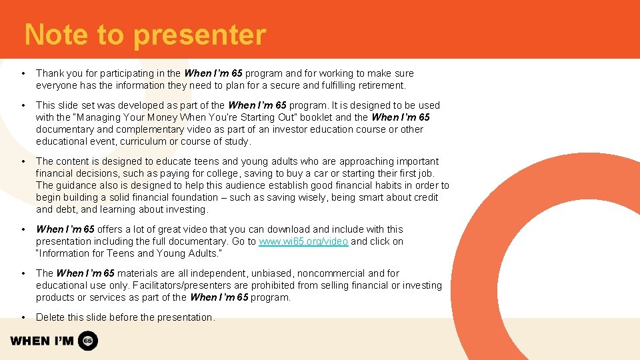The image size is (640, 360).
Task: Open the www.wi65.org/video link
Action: (303, 241)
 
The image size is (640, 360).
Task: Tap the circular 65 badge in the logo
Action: (88, 341)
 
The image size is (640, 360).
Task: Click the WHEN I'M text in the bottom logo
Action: (42, 341)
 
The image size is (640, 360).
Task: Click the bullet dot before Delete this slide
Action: (23, 317)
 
